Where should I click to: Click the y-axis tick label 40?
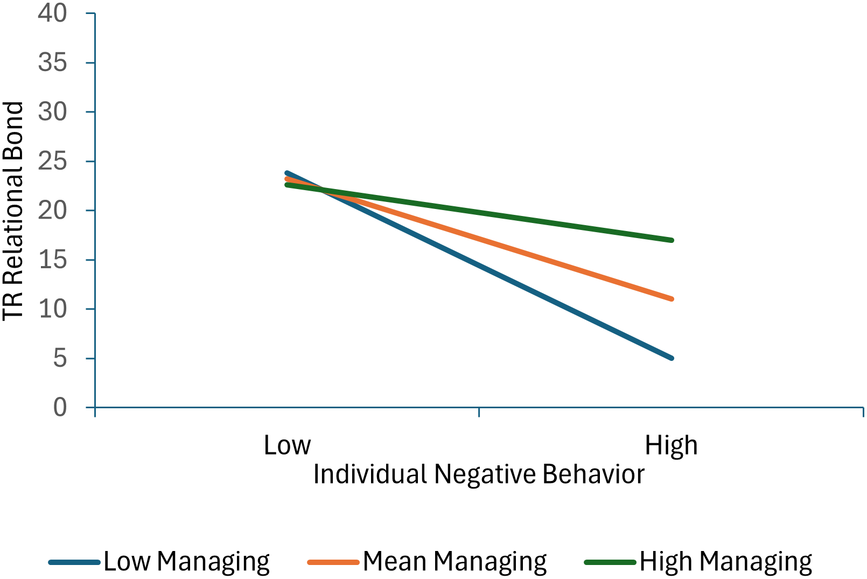(x=52, y=13)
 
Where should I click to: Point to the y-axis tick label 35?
(x=52, y=62)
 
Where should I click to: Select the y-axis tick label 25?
(x=52, y=161)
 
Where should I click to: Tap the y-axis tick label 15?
(x=52, y=260)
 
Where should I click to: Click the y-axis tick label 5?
(x=60, y=358)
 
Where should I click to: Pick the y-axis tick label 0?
(x=60, y=407)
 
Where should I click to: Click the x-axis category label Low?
(x=287, y=445)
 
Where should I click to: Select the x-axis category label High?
(x=671, y=445)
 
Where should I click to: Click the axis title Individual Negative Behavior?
(x=479, y=475)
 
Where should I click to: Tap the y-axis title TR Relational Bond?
(x=13, y=211)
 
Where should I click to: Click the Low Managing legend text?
(x=186, y=561)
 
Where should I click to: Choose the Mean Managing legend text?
(x=455, y=561)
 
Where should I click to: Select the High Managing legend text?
(x=725, y=561)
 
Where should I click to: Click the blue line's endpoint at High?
(x=672, y=358)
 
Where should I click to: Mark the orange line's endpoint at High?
(x=672, y=298)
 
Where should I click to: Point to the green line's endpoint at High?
(x=672, y=240)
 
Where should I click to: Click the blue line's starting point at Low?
(x=287, y=173)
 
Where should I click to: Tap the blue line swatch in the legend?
(x=74, y=562)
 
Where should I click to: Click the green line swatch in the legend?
(x=610, y=562)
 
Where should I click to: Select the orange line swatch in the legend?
(x=333, y=562)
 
